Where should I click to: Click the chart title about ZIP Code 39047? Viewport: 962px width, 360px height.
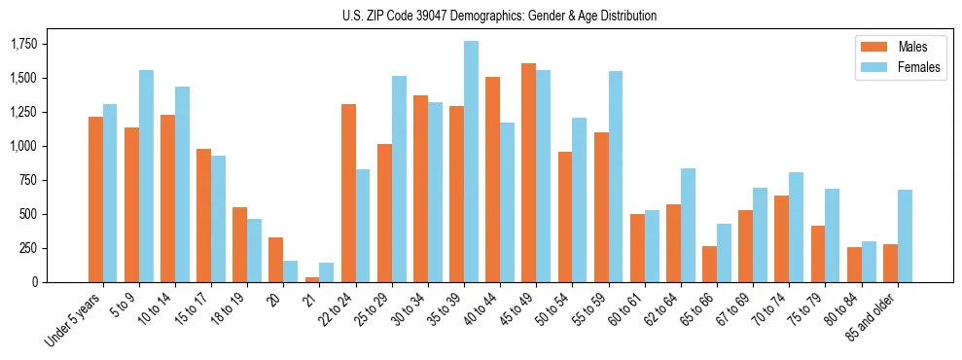tap(499, 16)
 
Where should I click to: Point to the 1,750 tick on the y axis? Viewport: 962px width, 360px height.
tap(22, 45)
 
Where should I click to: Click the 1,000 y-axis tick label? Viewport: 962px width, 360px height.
tap(22, 146)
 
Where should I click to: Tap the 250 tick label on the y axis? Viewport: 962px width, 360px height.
tap(28, 248)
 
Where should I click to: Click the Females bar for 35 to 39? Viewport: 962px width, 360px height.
tap(471, 162)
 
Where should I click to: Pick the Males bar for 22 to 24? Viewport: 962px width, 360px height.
tap(348, 194)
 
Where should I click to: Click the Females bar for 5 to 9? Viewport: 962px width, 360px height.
tap(146, 176)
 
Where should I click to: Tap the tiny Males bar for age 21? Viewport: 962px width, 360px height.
tap(312, 279)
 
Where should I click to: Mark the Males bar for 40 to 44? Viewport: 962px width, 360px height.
tap(492, 180)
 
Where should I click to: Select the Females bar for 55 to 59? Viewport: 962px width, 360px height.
tap(616, 177)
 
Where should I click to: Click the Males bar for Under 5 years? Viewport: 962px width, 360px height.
tap(95, 199)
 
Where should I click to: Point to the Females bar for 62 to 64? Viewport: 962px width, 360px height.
tap(688, 225)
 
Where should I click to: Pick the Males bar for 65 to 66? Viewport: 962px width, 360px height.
tap(709, 264)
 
